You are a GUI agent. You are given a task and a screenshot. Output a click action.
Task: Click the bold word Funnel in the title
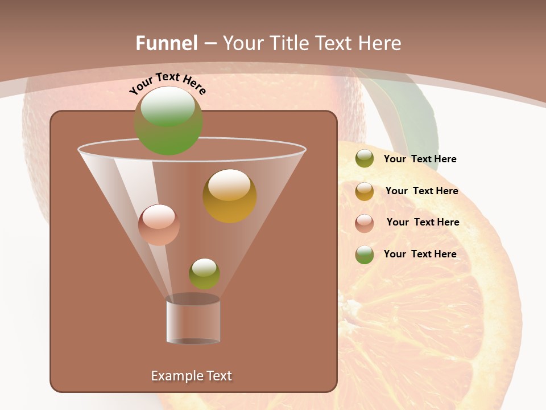pos(167,43)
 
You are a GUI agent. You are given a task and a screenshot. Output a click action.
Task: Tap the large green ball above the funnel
pos(168,120)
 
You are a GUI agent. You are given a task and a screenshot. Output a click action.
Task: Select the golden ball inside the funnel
pos(230,196)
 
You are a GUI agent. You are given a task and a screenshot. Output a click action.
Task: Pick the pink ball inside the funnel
pos(159,225)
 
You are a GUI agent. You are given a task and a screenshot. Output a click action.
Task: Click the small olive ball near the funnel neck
pos(204,273)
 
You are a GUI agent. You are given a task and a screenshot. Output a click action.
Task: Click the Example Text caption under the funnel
pos(191,376)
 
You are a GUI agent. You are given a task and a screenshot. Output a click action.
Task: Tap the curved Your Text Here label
pos(167,83)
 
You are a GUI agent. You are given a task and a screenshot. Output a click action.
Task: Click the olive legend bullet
pos(365,159)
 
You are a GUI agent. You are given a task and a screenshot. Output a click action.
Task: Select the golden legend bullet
pos(365,191)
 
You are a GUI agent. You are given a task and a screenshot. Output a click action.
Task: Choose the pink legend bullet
pos(365,223)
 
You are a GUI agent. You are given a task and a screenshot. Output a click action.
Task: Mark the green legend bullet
pos(365,255)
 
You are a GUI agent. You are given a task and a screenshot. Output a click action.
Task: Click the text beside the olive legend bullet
pos(420,159)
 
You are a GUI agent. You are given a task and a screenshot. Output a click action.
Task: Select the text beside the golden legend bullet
pos(421,191)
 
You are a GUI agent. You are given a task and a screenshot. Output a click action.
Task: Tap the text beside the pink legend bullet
pos(423,223)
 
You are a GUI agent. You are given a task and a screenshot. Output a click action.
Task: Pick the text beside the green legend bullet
pos(420,255)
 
